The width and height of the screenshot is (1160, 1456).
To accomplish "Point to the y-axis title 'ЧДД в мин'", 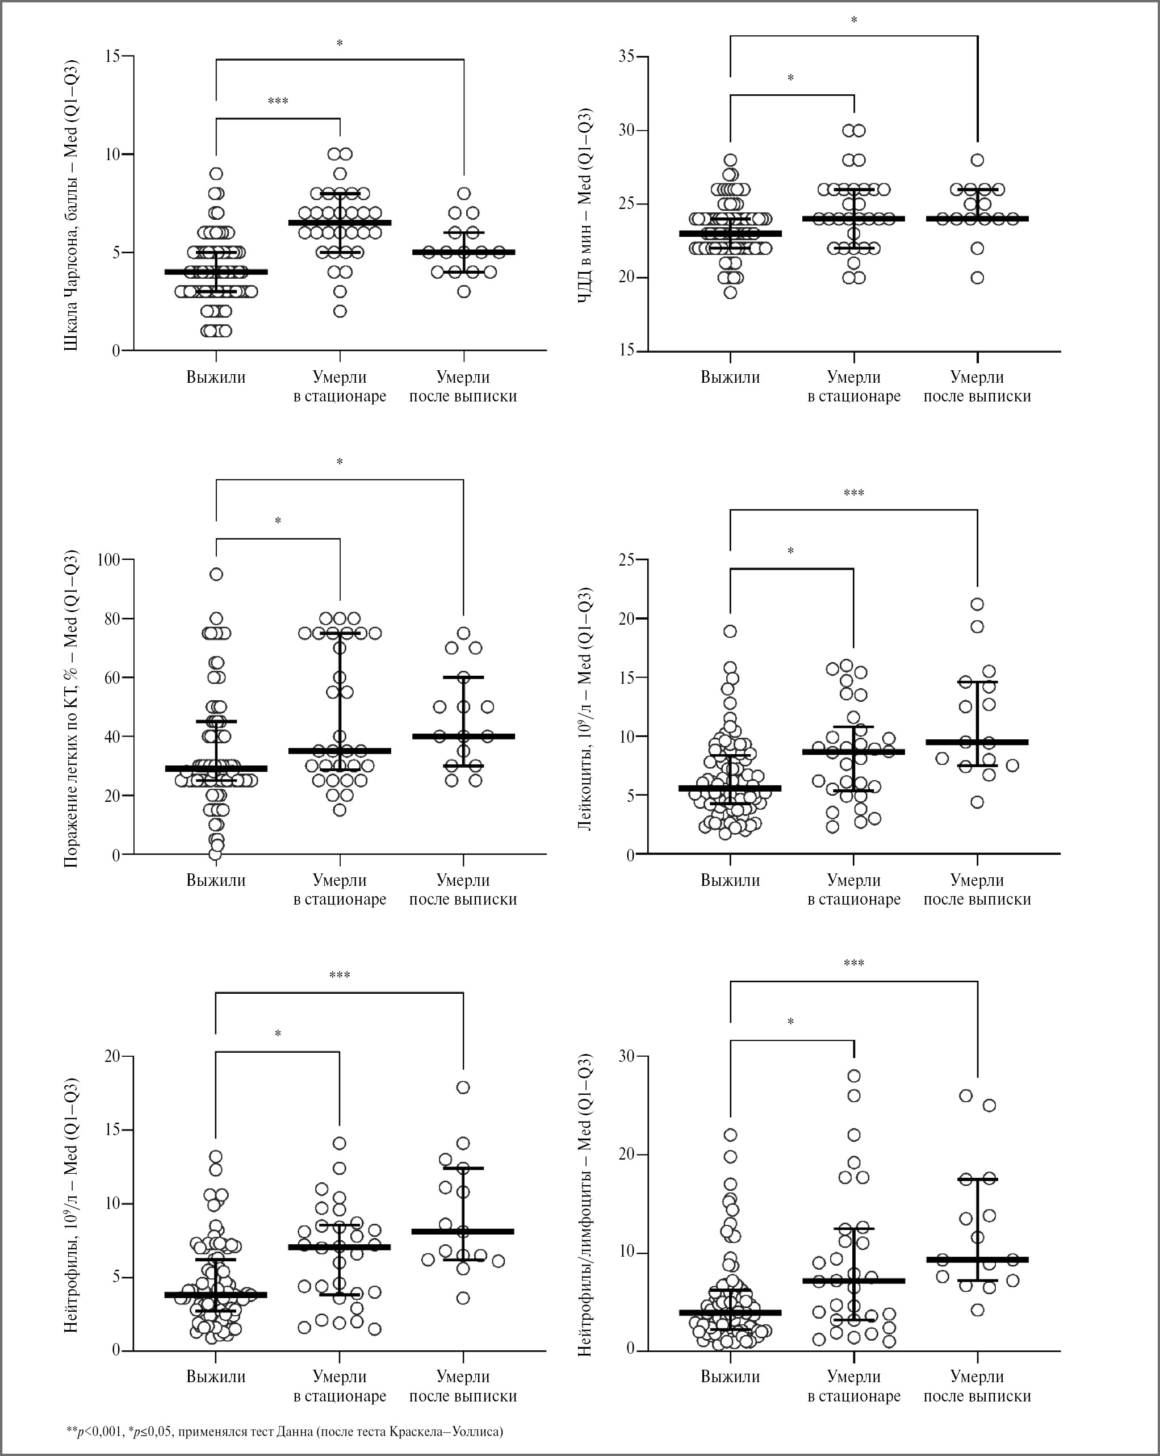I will (585, 206).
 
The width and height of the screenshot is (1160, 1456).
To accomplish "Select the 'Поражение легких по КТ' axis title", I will (72, 709).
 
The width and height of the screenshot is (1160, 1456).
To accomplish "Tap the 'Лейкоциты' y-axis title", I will (585, 709).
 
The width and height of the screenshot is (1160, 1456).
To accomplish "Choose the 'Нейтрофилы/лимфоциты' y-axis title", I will (585, 1206).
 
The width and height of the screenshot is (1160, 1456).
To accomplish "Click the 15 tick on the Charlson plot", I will (113, 56).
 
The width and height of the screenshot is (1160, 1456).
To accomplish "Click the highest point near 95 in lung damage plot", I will (216, 575).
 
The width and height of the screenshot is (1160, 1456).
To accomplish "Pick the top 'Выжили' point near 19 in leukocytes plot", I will (730, 631).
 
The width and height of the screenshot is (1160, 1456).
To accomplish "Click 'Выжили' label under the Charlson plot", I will (216, 378).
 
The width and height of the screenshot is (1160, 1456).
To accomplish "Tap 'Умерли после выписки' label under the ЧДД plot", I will (977, 387).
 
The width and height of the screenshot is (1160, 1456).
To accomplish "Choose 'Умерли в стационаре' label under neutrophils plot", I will (340, 1386).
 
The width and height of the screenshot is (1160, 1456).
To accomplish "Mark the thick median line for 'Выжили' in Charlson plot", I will (216, 272).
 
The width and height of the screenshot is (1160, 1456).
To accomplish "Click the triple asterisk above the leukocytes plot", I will (853, 493).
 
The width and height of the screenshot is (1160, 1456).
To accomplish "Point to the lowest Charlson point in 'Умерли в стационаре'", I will (340, 311).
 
